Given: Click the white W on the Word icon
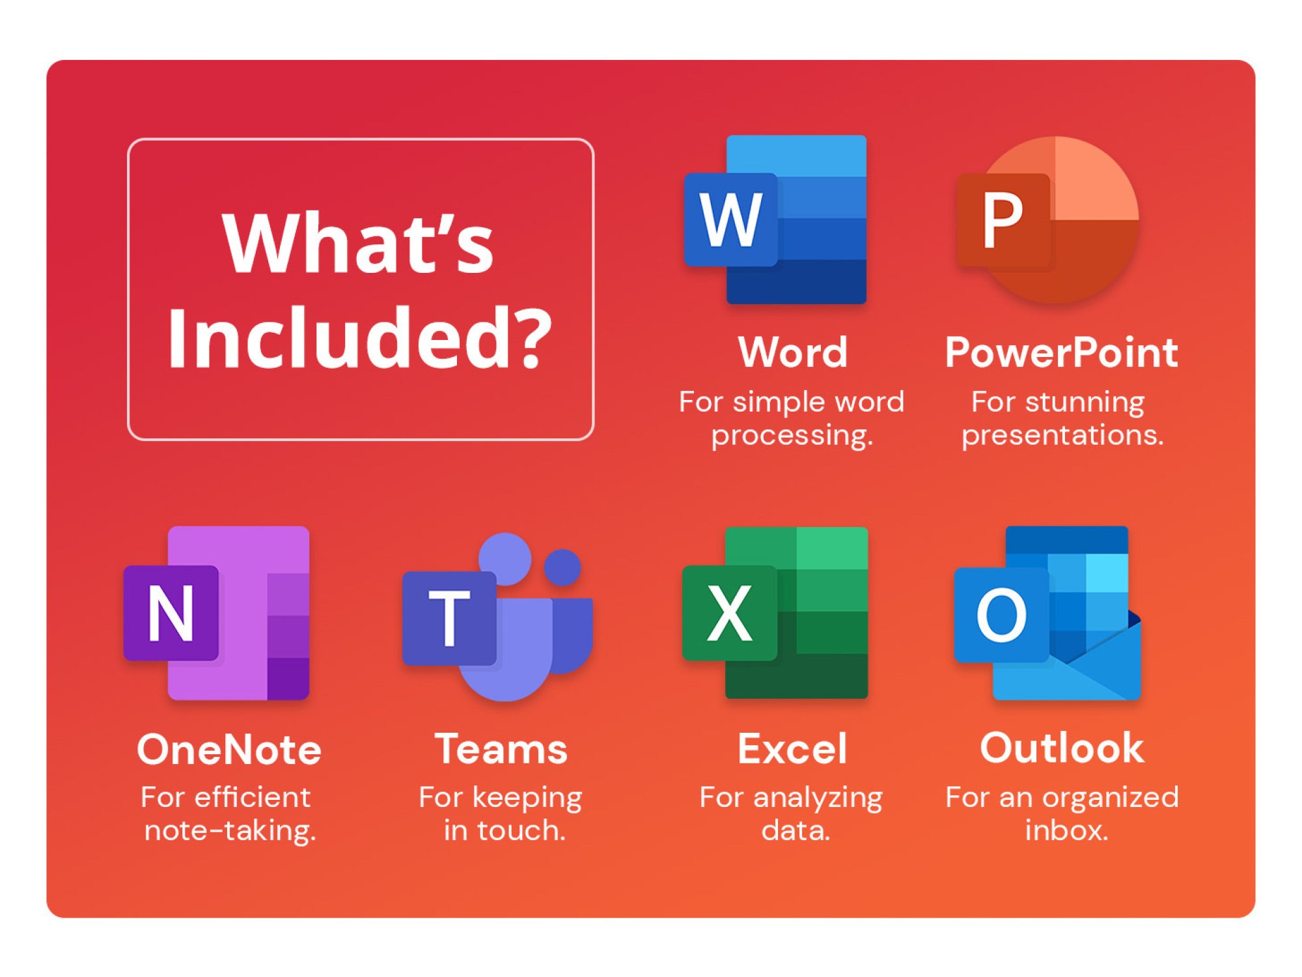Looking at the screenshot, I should (x=730, y=220).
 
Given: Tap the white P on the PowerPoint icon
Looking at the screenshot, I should (x=1003, y=220).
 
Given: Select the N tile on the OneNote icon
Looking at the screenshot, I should (x=171, y=613).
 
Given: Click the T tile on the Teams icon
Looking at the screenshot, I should (x=449, y=617).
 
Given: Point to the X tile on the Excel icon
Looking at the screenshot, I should (x=729, y=613).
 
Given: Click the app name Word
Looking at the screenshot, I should (x=792, y=352).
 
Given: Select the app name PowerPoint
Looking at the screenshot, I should (x=1061, y=352).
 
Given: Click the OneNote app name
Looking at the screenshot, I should (x=229, y=749).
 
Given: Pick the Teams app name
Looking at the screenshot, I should (x=501, y=749).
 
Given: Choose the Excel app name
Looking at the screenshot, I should (x=792, y=749).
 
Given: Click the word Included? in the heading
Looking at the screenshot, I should (x=360, y=338).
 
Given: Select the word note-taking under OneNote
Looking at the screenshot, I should (x=230, y=830).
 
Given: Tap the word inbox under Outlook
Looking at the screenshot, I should (x=1066, y=830).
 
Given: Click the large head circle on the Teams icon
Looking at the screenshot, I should (x=505, y=559).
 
